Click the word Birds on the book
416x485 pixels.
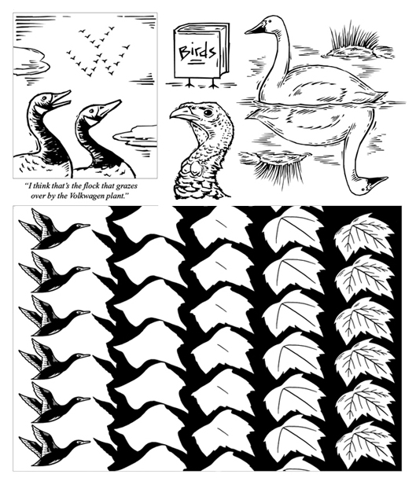tap(197, 52)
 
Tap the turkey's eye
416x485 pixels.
tap(208, 112)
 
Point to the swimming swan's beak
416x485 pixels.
tap(256, 28)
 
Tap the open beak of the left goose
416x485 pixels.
tap(61, 97)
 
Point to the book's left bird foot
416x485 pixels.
tap(190, 83)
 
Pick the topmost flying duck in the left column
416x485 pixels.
tap(53, 229)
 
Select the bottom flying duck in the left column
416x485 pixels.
tap(53, 446)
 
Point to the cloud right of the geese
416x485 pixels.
tap(136, 135)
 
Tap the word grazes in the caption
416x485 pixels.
tap(127, 186)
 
